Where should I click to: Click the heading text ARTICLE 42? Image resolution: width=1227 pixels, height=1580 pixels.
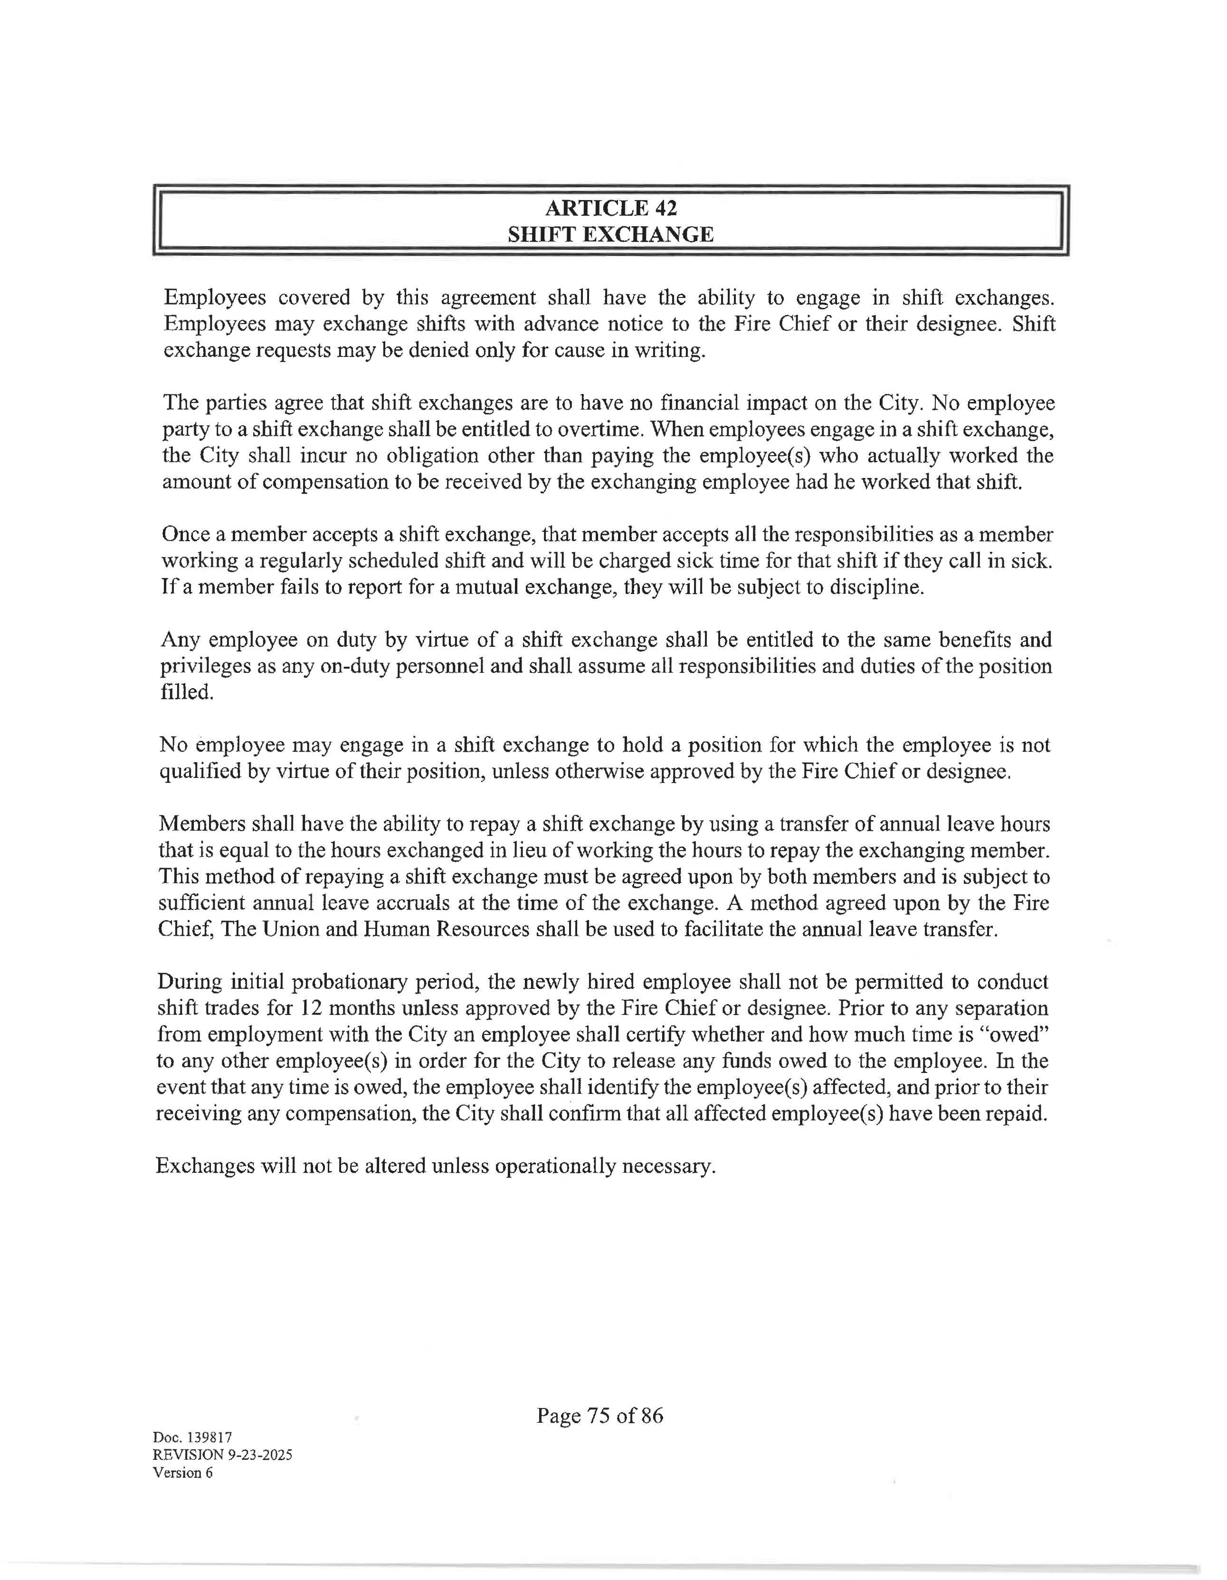611,208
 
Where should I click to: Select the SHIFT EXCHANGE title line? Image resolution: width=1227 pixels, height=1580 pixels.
611,234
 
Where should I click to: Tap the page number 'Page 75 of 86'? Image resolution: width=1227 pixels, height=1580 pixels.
599,1415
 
